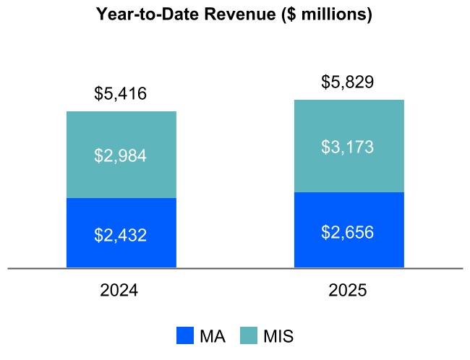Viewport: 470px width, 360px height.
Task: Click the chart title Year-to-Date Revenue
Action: click(234, 14)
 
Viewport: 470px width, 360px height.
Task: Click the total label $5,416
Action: click(121, 94)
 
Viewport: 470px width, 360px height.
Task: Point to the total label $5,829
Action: click(348, 82)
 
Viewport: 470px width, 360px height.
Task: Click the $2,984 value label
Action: click(121, 155)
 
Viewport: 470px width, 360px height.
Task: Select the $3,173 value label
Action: click(348, 147)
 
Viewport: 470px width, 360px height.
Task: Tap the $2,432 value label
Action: click(121, 235)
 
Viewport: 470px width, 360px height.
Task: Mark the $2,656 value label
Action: click(348, 232)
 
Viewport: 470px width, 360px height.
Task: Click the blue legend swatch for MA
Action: click(185, 335)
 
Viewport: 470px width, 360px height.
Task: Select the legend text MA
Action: click(212, 336)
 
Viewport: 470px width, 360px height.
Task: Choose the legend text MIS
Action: click(278, 336)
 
